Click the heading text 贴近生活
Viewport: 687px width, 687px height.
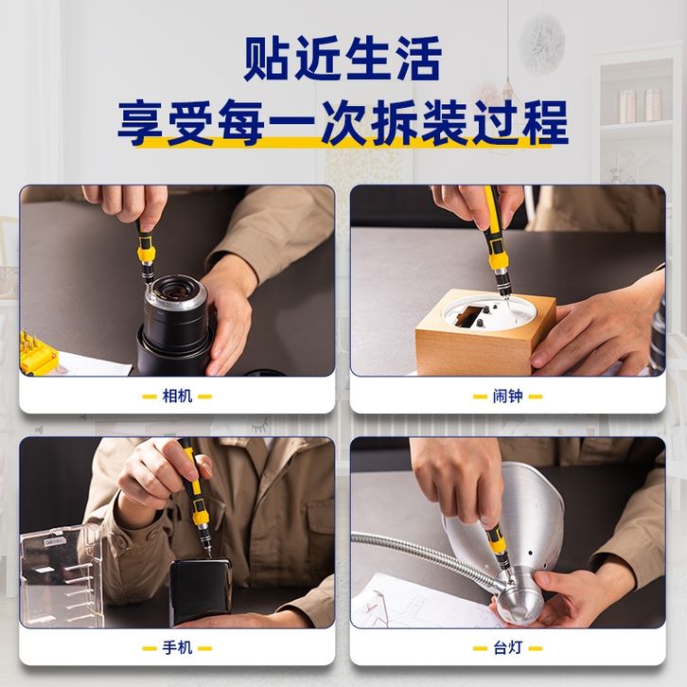[343, 59]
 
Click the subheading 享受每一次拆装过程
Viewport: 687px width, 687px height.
[343, 122]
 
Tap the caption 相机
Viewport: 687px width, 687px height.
[178, 396]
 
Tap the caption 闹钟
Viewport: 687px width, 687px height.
[508, 396]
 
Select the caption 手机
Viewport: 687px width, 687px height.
[178, 648]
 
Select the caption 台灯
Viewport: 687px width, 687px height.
[508, 648]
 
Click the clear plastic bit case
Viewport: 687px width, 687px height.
[62, 575]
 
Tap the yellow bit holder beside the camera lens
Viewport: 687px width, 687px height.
[38, 353]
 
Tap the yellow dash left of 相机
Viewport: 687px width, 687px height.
[150, 396]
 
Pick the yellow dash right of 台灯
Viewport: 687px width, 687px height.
[536, 648]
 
